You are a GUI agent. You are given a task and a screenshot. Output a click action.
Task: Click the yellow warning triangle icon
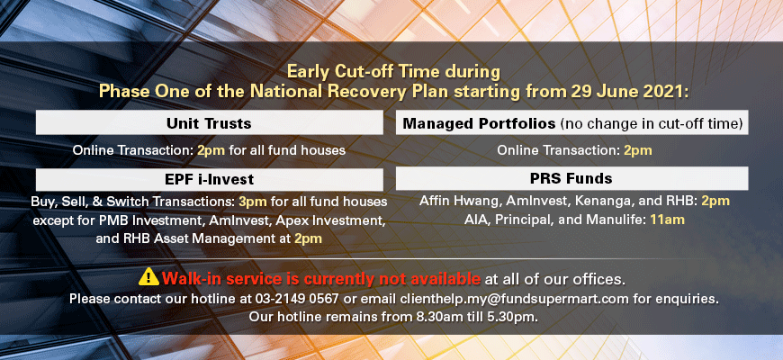pos(148,276)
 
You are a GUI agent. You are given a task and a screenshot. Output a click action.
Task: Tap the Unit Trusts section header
pos(209,122)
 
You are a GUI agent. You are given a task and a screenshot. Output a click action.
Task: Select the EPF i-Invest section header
pos(209,179)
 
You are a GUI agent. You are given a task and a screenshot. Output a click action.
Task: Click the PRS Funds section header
pos(571,178)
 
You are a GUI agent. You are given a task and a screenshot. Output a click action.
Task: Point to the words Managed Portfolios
pos(479,124)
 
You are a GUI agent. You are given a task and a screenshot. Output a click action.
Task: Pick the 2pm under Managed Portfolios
pos(638,150)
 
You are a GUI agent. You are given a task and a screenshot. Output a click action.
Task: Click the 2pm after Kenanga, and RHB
pos(715,202)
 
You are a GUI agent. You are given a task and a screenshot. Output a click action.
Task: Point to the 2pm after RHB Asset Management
pos(308,238)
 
